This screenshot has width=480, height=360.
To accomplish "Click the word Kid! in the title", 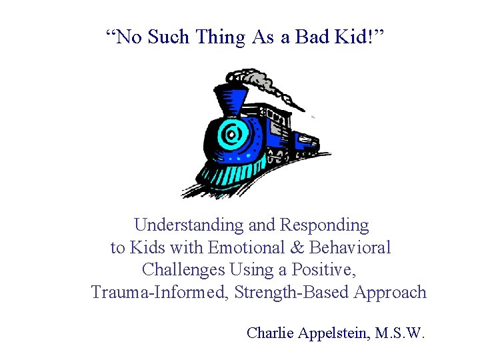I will pyautogui.click(x=359, y=37).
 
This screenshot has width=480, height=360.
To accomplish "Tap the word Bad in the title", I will pyautogui.click(x=313, y=37).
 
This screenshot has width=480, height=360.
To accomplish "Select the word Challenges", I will pyautogui.click(x=183, y=270).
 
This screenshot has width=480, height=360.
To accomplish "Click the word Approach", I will pyautogui.click(x=390, y=293).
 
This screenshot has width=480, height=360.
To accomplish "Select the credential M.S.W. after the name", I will pyautogui.click(x=400, y=333).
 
